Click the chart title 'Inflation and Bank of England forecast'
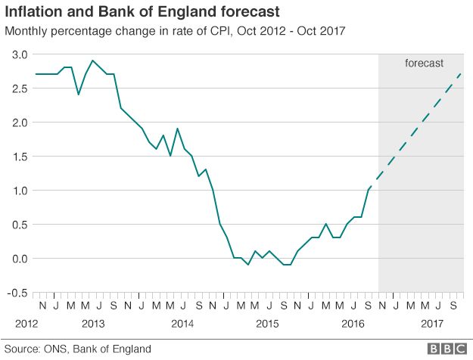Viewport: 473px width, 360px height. tap(142, 12)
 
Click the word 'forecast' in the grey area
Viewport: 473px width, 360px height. tap(424, 64)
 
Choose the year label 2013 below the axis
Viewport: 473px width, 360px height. tap(92, 324)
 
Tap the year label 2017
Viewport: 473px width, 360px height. tap(432, 324)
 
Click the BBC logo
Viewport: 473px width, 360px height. tap(446, 349)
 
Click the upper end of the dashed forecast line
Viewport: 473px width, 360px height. tap(461, 74)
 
